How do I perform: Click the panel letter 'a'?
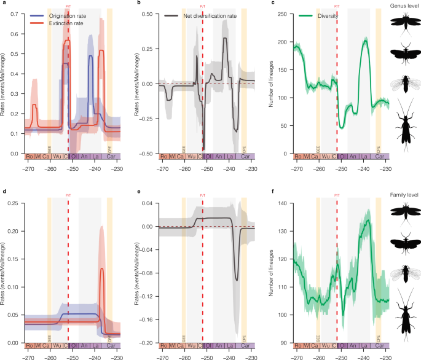click(x=4, y=4)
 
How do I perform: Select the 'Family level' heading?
click(x=403, y=195)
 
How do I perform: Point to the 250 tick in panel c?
click(x=285, y=14)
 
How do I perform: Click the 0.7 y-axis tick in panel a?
click(x=15, y=14)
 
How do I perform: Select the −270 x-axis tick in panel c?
click(x=297, y=167)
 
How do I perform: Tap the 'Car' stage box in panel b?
click(x=245, y=157)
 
